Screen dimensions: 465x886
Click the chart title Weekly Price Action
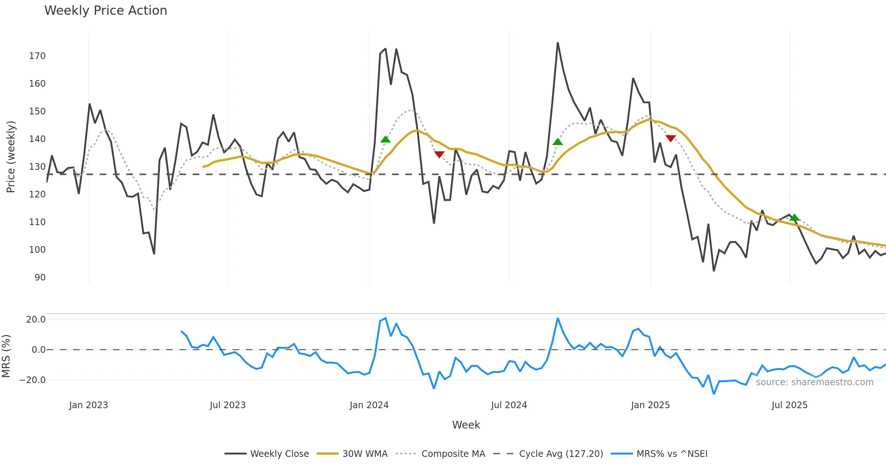click(x=106, y=11)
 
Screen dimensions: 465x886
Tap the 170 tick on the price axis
click(x=37, y=56)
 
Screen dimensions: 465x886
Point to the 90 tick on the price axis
click(x=40, y=278)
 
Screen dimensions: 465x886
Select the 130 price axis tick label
click(x=37, y=167)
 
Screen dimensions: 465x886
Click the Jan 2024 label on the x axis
click(x=369, y=405)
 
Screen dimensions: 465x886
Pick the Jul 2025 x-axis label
click(x=789, y=405)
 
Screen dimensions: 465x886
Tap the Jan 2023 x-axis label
click(x=89, y=405)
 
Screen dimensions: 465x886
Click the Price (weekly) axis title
click(x=11, y=157)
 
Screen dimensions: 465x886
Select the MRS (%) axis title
click(x=6, y=356)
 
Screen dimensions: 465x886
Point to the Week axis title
click(x=466, y=425)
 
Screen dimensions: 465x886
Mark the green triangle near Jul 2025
click(x=794, y=217)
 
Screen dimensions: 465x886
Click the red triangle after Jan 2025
click(x=670, y=138)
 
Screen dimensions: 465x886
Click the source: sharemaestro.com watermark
click(x=814, y=382)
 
